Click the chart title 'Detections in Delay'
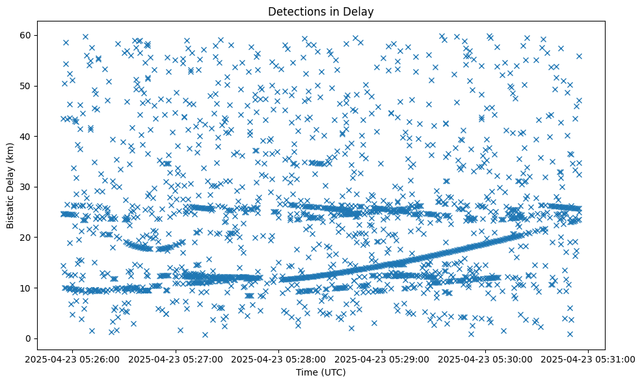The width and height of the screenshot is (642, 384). click(x=321, y=11)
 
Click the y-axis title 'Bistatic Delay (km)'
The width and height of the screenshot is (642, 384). click(x=10, y=185)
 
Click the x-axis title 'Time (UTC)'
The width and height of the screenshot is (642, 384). click(x=321, y=373)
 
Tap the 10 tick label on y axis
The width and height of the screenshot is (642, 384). click(x=25, y=288)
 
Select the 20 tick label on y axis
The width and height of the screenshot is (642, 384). click(x=25, y=238)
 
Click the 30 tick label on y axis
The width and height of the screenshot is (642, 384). click(x=25, y=187)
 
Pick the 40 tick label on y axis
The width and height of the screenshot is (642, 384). click(x=25, y=136)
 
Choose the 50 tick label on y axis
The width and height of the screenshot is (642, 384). click(x=25, y=86)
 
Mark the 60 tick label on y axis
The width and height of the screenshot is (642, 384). click(x=25, y=35)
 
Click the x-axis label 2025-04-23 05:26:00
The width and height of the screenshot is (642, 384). click(x=72, y=359)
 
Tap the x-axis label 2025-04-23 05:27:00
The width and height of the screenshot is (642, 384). click(x=176, y=359)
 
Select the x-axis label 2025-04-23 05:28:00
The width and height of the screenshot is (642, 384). click(x=279, y=359)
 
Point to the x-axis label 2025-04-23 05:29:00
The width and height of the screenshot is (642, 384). click(x=382, y=359)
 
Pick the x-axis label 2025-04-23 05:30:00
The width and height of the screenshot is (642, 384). click(x=486, y=359)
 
